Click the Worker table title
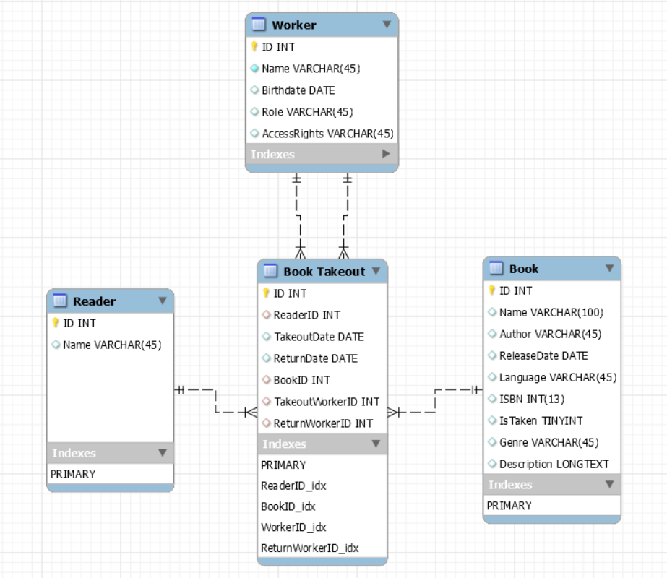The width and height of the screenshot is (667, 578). (293, 25)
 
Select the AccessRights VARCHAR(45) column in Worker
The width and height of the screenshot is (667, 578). (327, 134)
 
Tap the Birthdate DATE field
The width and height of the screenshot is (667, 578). (298, 90)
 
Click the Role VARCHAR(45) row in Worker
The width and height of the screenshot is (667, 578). (306, 112)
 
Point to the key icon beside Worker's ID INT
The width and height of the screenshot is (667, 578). (254, 47)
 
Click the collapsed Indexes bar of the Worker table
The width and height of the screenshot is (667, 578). (321, 154)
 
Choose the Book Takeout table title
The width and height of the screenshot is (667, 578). (324, 272)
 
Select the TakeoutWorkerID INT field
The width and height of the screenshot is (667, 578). (326, 402)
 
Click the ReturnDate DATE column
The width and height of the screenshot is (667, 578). (315, 358)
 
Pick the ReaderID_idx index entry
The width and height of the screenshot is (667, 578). (293, 486)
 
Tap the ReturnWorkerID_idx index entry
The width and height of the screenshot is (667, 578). (309, 548)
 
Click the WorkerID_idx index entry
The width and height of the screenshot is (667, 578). (293, 527)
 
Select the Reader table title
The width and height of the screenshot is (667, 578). (94, 301)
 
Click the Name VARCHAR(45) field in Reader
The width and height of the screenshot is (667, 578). (111, 345)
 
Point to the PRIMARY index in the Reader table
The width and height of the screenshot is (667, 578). (73, 474)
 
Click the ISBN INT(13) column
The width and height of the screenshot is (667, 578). (531, 399)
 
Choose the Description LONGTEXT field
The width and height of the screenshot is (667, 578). (554, 464)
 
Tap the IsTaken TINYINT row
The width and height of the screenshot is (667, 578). (541, 420)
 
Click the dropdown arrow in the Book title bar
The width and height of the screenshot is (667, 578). (609, 269)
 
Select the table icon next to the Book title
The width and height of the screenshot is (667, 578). (496, 269)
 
